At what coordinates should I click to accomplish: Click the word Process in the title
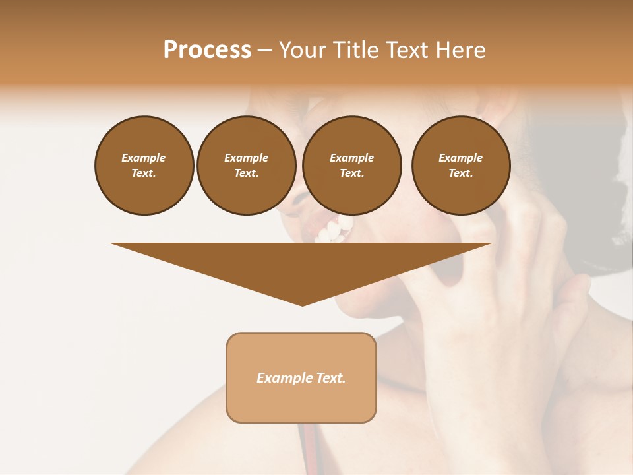coord(207,50)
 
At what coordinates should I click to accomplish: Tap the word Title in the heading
coord(354,50)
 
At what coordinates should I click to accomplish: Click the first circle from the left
coord(144,165)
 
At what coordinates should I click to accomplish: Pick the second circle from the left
coord(246,165)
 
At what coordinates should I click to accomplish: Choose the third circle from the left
coord(351,165)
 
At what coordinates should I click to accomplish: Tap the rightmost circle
coord(460,165)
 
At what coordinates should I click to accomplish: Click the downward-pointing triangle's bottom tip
coord(302,304)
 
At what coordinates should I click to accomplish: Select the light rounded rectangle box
coord(301,377)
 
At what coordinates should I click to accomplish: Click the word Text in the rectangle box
coord(329,378)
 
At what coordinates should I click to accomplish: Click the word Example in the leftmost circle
coord(144,158)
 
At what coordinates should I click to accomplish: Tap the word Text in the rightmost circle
coord(460,173)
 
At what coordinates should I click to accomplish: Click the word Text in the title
coord(407,50)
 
